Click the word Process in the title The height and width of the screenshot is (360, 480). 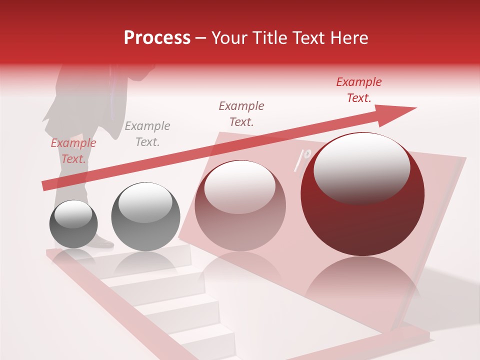point(157,38)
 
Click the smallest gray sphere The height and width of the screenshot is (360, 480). point(73,224)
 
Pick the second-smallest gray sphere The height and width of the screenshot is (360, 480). point(145,217)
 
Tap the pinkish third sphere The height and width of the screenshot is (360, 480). point(240,206)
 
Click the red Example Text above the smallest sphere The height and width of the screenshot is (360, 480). point(73,151)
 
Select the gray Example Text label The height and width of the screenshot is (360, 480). point(147,134)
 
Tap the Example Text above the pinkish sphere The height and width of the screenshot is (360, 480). point(241,114)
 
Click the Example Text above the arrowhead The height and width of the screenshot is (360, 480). point(358,90)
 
